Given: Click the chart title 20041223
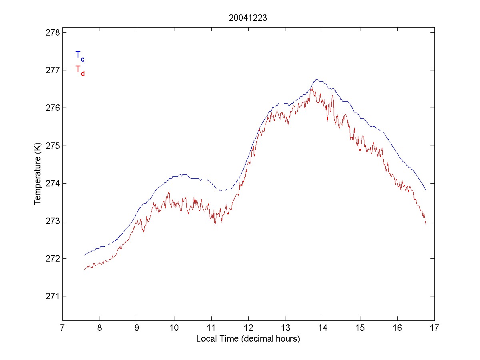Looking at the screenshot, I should [x=248, y=18].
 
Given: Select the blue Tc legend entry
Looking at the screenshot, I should [x=80, y=56].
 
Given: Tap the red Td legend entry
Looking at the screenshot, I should [x=80, y=70].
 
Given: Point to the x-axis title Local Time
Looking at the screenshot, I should [x=248, y=339].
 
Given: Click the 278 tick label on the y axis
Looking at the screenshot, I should [x=51, y=32].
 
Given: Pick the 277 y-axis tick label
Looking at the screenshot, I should [x=51, y=70].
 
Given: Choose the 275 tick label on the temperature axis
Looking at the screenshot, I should [x=51, y=146].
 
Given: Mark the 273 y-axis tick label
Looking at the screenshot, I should [x=51, y=221].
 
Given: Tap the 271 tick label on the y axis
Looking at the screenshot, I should [x=51, y=296].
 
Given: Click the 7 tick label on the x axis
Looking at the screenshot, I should [x=62, y=328].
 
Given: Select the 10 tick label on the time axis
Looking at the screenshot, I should [x=174, y=328].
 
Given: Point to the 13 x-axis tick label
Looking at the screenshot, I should [x=286, y=328].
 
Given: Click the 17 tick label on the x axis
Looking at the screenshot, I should [x=434, y=328].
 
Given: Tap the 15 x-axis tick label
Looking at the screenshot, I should [x=360, y=328].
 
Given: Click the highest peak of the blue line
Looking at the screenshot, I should [x=316, y=79].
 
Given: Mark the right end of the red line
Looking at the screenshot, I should [x=426, y=224].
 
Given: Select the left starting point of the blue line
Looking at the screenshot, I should [x=85, y=255].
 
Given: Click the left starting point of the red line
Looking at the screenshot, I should [x=85, y=269].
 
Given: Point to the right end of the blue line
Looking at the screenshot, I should [x=426, y=190].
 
